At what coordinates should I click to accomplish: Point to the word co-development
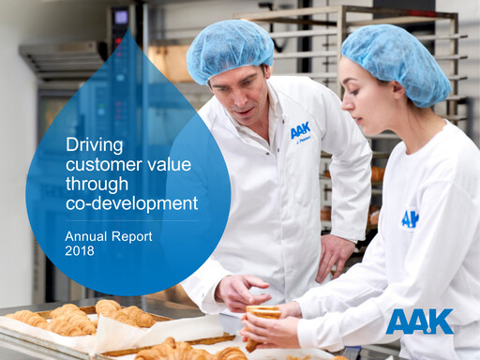[x=132, y=203]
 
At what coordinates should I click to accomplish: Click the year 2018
[x=81, y=252]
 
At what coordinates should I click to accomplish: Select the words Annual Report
[x=109, y=236]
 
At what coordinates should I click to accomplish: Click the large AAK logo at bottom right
[x=419, y=322]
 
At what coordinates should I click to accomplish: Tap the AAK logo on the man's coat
[x=300, y=130]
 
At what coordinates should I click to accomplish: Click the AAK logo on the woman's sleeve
[x=410, y=218]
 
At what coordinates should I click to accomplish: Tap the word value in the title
[x=170, y=164]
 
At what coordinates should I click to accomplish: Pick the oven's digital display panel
[x=120, y=16]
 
